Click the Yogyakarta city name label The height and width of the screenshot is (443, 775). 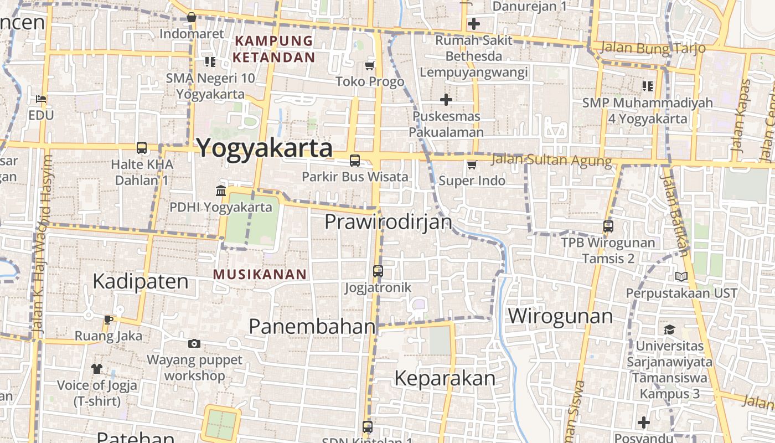coord(265,148)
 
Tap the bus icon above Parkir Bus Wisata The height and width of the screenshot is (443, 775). coord(355,161)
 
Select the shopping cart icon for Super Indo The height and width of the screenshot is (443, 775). coord(472,164)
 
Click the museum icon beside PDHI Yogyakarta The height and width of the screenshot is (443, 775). coord(221,191)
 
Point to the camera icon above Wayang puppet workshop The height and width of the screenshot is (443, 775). coord(194,343)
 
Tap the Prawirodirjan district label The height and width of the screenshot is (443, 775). coord(388,222)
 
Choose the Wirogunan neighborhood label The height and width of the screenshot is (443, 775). coord(560,316)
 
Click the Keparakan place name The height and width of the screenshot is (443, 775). coord(445,378)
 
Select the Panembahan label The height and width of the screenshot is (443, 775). coord(312,326)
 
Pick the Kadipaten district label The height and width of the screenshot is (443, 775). coord(141,281)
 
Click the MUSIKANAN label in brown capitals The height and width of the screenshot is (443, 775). coord(260,274)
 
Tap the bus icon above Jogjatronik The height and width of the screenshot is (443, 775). coord(378,271)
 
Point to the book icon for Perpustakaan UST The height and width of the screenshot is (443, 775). coord(681,276)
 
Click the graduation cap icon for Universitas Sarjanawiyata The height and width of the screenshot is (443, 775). coord(670,329)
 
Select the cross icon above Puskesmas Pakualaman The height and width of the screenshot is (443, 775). coord(446,100)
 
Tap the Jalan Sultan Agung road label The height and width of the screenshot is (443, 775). coord(551,161)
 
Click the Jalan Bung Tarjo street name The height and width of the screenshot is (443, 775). coord(653,48)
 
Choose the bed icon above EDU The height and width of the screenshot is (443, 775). coord(41,99)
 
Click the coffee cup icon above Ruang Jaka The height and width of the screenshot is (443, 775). coord(108,320)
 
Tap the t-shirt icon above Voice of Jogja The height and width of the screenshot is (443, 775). coord(97,368)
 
